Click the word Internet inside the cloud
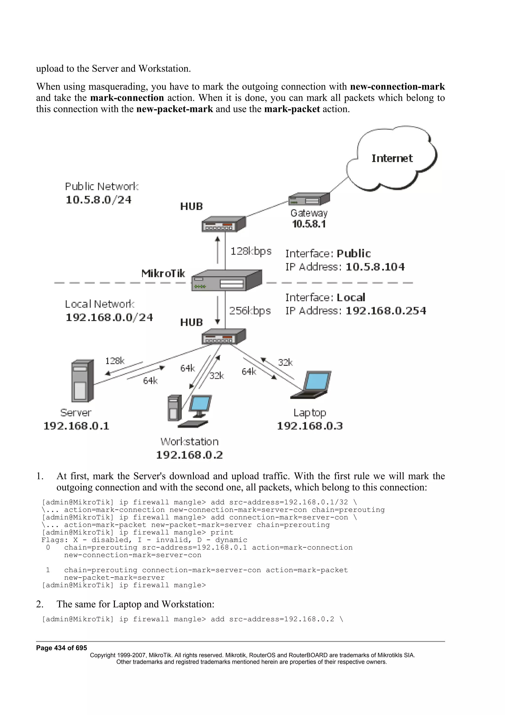tap(392, 158)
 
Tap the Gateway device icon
tap(309, 199)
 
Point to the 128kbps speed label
tap(251, 251)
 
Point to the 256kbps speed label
tap(250, 310)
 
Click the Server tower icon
tap(82, 381)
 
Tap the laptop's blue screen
tap(317, 381)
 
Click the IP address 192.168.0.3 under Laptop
tap(310, 426)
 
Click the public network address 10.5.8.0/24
tap(98, 200)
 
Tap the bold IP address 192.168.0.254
tap(386, 310)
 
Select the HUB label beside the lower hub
tap(191, 322)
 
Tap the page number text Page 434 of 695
tap(61, 648)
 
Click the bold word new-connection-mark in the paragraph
tap(397, 86)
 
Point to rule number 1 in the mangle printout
tap(48, 570)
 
